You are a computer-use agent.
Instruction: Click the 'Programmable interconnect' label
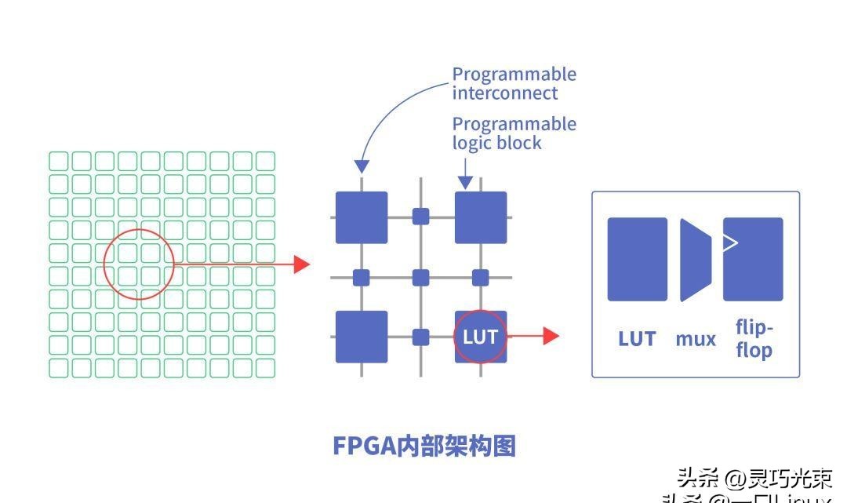click(514, 84)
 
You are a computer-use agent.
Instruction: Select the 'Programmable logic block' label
click(514, 133)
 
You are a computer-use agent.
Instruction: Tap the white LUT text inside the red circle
click(480, 337)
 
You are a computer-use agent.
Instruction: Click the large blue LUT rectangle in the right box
click(637, 259)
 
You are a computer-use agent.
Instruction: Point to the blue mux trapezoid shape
click(694, 260)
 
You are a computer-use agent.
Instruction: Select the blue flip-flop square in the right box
click(753, 259)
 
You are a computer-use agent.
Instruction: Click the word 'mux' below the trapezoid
click(696, 339)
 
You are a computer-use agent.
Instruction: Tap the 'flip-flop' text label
click(754, 339)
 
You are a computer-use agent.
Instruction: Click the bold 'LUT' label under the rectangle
click(637, 339)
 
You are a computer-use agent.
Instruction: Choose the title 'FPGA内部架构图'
click(424, 446)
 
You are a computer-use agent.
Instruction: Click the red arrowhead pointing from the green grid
click(302, 264)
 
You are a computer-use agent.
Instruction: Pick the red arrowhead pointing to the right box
click(551, 336)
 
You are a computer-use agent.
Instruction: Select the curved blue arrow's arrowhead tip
click(362, 166)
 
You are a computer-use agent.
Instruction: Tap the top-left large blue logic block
click(362, 217)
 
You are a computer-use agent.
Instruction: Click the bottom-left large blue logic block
click(362, 337)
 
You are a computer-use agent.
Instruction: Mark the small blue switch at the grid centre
click(421, 277)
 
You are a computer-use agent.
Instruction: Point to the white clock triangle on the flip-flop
click(730, 242)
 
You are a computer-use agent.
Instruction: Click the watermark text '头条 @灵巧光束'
click(754, 477)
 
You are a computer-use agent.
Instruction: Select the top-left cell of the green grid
click(59, 162)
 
